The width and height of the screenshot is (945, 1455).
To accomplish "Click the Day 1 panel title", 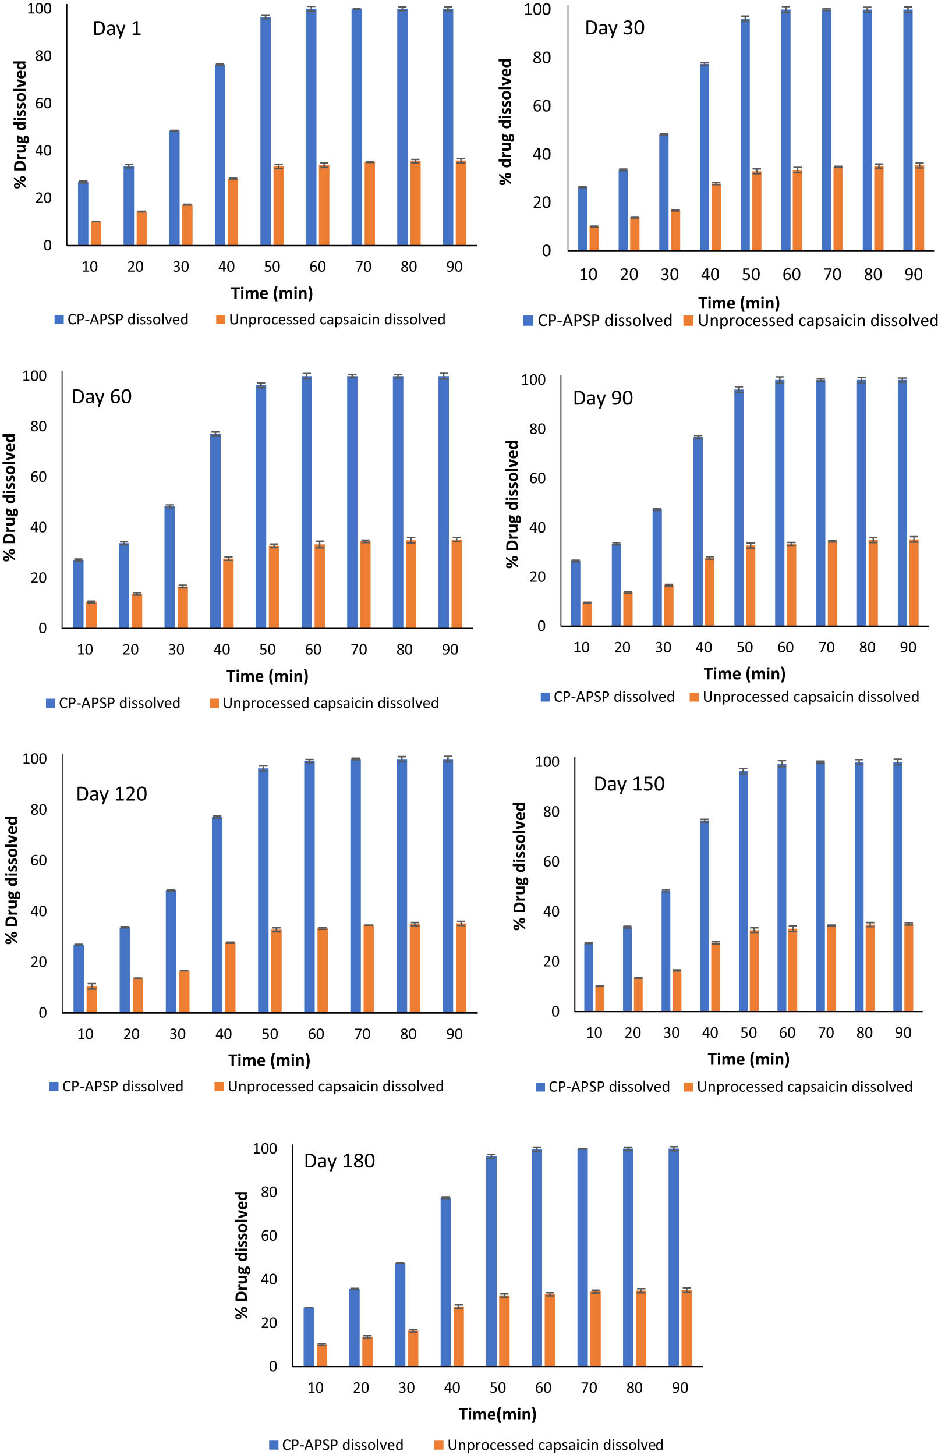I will [117, 28].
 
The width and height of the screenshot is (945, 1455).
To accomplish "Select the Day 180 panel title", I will [339, 1161].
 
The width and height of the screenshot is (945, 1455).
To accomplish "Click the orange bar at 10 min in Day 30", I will [594, 239].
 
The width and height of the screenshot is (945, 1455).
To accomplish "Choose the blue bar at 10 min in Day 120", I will [78, 978].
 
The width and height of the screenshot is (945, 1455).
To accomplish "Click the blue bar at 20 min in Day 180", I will [354, 1327].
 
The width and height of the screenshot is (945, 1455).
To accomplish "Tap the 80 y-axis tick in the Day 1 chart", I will [44, 56].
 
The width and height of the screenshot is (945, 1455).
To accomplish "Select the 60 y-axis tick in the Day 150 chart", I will [551, 861].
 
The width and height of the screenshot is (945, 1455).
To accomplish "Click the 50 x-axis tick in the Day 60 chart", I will [267, 650].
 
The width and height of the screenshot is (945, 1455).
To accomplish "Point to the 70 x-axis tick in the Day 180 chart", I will [589, 1387].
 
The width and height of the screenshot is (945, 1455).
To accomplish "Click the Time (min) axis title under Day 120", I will [269, 1059].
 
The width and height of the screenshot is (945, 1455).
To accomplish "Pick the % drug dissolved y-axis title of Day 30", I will [505, 122].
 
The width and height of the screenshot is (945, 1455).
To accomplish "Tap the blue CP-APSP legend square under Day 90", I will [546, 697].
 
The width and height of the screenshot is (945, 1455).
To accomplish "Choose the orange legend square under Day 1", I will [221, 319].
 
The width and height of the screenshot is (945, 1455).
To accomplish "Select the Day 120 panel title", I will [111, 793].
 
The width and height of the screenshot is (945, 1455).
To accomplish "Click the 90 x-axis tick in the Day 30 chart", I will [913, 275].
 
